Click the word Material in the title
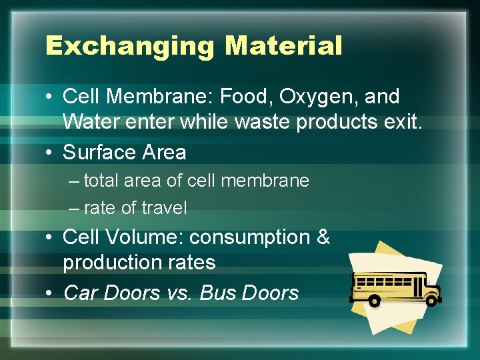tap(283, 46)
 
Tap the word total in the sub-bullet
tap(100, 181)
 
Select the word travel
tap(163, 208)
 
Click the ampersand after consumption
tap(324, 237)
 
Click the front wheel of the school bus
tap(431, 300)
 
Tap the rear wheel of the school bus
tap(374, 302)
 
